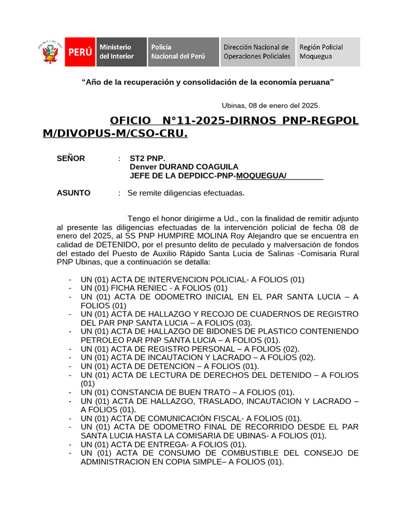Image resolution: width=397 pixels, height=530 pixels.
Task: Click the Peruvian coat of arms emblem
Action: [50, 52]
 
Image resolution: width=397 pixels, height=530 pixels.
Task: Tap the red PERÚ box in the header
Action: [80, 52]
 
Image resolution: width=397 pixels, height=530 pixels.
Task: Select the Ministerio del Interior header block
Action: [121, 52]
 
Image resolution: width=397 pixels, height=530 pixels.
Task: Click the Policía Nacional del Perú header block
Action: [183, 52]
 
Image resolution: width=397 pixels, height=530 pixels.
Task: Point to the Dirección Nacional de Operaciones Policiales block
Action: [257, 52]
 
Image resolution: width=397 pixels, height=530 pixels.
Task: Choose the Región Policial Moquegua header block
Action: [328, 52]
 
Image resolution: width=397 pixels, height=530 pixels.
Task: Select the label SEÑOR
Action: [71, 158]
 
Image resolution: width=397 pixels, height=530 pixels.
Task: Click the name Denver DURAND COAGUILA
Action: [184, 167]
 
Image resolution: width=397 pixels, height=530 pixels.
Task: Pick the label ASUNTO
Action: [73, 193]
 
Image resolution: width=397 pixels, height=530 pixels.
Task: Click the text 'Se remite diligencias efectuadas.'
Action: [186, 193]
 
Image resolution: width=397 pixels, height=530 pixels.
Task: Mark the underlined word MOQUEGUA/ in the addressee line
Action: [261, 176]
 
